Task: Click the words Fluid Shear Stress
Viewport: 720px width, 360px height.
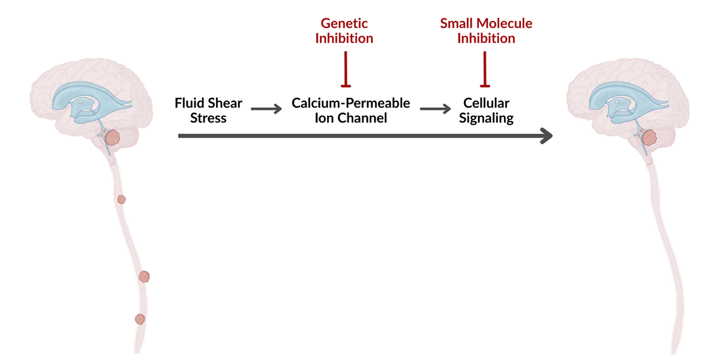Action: click(208, 110)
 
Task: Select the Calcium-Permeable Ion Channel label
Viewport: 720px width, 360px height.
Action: click(351, 110)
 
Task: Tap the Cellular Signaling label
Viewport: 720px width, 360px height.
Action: click(486, 110)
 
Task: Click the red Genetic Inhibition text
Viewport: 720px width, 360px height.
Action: click(345, 31)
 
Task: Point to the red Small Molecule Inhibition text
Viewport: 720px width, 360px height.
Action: click(486, 31)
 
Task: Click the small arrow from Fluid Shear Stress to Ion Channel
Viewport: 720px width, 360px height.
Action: click(266, 109)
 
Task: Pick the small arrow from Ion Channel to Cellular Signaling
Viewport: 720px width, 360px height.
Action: click(435, 109)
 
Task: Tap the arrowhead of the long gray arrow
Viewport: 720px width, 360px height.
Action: click(546, 137)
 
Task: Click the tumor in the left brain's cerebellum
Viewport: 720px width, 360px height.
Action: click(113, 139)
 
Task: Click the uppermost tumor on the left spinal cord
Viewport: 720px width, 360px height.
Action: click(121, 199)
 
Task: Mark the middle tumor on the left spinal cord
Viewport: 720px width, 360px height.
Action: click(144, 276)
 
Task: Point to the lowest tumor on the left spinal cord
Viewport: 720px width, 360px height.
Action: click(140, 319)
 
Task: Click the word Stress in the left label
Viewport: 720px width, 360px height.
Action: click(208, 118)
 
